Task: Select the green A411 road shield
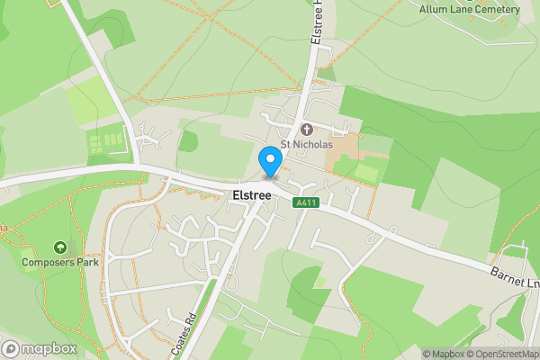(x=306, y=203)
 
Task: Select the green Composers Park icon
(x=60, y=247)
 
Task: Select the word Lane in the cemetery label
(x=463, y=9)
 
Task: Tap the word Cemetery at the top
(x=499, y=9)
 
